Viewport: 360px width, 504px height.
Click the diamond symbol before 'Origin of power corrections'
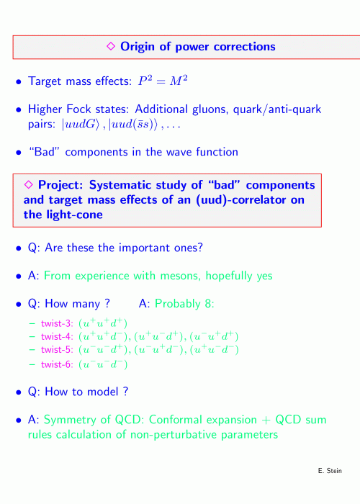point(111,46)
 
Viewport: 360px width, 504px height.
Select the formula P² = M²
point(163,81)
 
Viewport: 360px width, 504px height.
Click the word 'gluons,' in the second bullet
point(210,110)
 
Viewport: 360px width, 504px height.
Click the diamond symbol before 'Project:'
point(28,184)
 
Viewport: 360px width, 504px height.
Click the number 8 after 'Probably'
point(210,304)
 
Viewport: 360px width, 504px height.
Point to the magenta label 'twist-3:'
point(57,323)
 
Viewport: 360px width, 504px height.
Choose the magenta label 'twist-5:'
point(57,350)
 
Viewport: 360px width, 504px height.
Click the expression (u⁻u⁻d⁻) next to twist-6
point(103,364)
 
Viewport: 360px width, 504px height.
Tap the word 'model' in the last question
point(103,392)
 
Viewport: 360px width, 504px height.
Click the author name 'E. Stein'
point(330,471)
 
